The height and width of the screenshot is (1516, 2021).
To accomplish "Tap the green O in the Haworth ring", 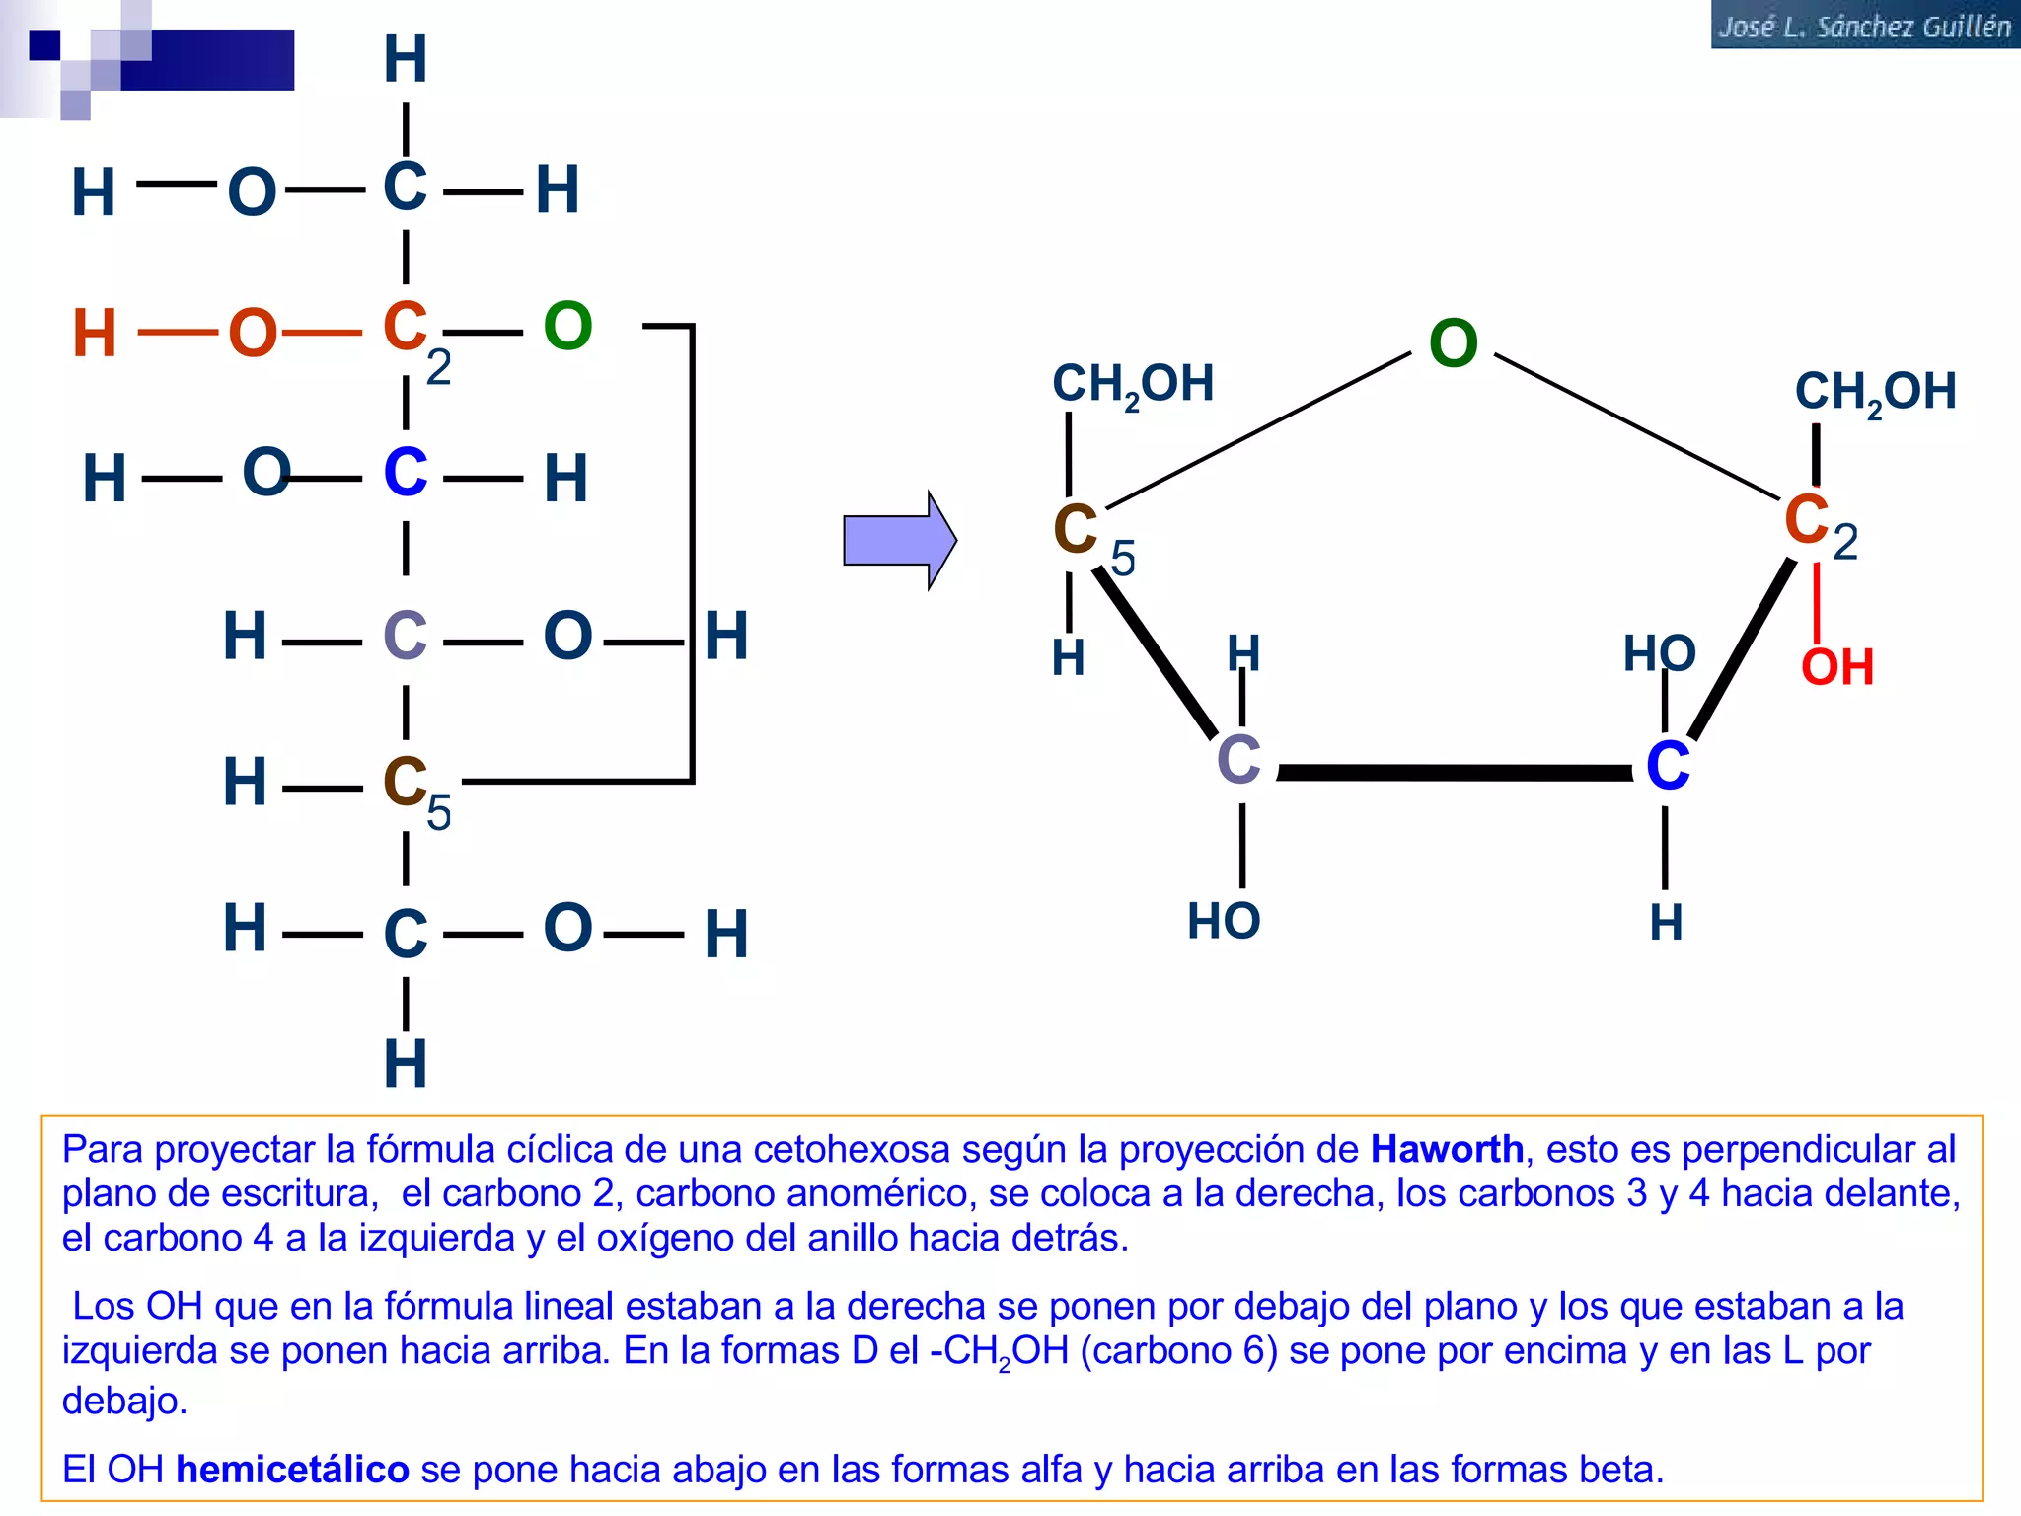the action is tap(1454, 343).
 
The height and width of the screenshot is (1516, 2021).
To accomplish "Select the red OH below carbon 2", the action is tap(1837, 667).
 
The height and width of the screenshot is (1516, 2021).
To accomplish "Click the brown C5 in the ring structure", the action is tap(1093, 538).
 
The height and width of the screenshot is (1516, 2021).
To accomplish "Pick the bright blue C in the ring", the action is tap(1668, 766).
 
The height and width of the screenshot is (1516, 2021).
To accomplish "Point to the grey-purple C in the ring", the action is tap(1238, 760).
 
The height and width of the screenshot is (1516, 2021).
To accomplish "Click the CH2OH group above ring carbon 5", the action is tap(1133, 385).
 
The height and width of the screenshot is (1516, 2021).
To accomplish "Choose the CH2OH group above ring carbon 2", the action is tap(1875, 393).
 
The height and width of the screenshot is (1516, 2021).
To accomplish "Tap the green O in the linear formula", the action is tap(567, 326).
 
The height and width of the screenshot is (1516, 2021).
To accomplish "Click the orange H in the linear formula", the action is tap(95, 334).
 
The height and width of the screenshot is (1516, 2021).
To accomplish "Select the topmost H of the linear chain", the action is tap(406, 59).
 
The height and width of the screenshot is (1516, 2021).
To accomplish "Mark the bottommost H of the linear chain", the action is tap(406, 1064).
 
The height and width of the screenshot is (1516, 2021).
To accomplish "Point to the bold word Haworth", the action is tap(1448, 1150).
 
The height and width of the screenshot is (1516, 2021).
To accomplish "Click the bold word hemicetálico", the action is tap(292, 1470).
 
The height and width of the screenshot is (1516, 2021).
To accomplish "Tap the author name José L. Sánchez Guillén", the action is tap(1864, 26).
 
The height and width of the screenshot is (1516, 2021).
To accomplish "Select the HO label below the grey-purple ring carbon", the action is tap(1224, 922).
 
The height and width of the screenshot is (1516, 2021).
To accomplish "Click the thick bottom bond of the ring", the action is tap(1455, 773).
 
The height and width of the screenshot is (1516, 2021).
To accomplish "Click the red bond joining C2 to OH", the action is tap(1817, 601).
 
